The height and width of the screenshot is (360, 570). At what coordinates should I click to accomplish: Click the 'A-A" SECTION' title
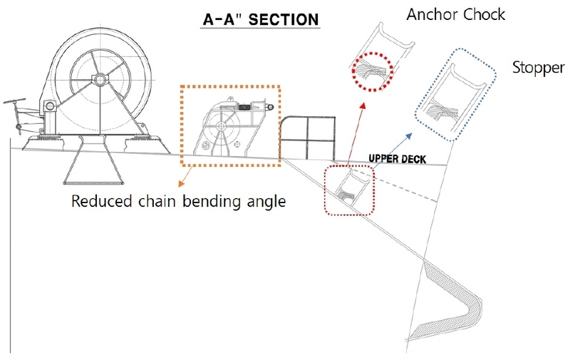(x=259, y=19)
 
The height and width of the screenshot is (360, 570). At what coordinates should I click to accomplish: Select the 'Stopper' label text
(x=538, y=68)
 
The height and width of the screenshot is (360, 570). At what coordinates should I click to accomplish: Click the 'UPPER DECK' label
(x=397, y=160)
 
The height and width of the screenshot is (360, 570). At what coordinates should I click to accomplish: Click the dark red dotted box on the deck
(x=350, y=190)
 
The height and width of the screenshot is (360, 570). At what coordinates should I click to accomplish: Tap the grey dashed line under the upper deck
(x=413, y=185)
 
